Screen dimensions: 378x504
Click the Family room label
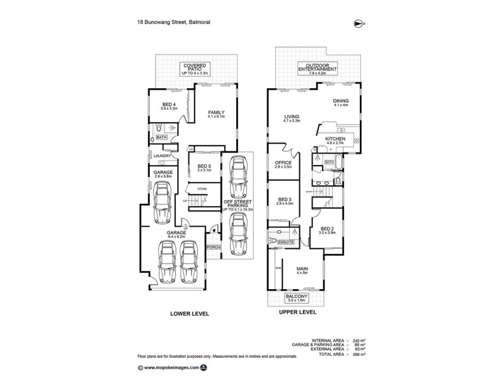tap(216, 114)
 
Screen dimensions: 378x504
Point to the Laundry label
tap(161, 156)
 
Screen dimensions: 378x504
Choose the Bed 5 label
tap(203, 168)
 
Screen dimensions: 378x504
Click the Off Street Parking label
tap(236, 205)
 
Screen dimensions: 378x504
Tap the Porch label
tap(214, 247)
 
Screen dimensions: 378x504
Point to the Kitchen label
tap(335, 140)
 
